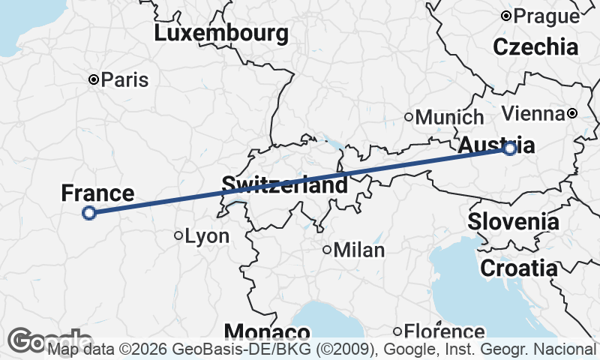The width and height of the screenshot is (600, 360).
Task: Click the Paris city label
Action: tap(125, 79)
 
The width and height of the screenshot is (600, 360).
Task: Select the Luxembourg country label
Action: tap(221, 33)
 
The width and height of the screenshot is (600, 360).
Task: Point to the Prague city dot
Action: tap(506, 15)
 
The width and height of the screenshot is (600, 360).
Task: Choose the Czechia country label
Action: tap(535, 46)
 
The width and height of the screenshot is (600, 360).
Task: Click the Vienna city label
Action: tap(532, 113)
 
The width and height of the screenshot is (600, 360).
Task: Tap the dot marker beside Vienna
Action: tap(572, 113)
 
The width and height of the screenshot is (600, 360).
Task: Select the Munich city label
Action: tap(449, 117)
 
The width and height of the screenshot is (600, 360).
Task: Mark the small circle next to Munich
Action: tap(409, 116)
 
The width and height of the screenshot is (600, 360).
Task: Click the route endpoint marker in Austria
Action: tap(510, 148)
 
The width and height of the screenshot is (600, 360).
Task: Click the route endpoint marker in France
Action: tap(88, 213)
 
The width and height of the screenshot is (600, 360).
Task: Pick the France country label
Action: tap(97, 193)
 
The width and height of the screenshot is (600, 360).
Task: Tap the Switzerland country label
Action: tap(284, 184)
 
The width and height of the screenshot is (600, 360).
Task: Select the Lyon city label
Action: tap(207, 236)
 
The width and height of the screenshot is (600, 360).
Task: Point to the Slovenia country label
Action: tap(513, 221)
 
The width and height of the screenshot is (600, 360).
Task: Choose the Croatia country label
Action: tap(519, 268)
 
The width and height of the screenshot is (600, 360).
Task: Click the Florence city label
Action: tap(444, 331)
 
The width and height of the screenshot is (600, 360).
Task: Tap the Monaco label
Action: tap(267, 332)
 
